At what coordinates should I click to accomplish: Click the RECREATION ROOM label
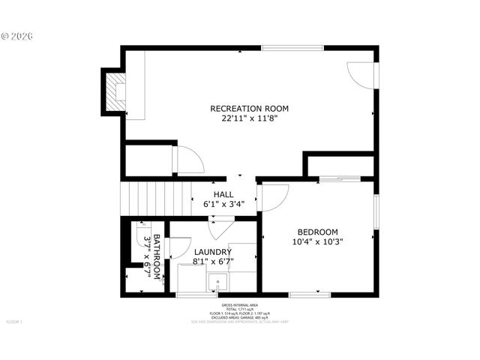point(249,109)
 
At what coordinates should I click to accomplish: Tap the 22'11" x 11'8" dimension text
point(249,118)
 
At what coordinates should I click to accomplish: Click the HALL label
point(223,194)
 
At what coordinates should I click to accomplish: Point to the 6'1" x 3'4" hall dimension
point(223,204)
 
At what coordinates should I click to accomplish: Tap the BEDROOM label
point(317,232)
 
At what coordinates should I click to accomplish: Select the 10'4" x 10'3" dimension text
point(317,241)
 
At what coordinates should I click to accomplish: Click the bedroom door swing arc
point(275,197)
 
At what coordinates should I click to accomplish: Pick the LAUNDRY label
point(213,252)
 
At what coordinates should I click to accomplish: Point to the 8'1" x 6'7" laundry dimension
point(213,262)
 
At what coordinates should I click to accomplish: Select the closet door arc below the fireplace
point(188,160)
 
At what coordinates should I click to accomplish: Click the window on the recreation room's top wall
point(293,48)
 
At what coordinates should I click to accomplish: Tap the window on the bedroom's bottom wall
point(310,295)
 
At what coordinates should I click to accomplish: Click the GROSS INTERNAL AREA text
point(240,305)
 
